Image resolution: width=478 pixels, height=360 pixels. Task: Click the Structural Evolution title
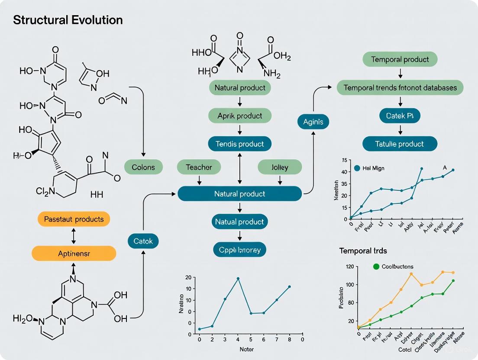click(x=68, y=20)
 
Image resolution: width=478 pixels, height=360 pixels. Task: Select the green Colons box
click(x=143, y=167)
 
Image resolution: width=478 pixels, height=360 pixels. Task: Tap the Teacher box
click(x=199, y=167)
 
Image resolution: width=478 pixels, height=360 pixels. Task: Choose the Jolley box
click(x=279, y=167)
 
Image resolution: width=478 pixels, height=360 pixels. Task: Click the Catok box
click(x=143, y=241)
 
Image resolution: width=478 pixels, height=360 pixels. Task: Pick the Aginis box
click(x=313, y=122)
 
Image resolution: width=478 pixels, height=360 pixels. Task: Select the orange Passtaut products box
click(x=74, y=219)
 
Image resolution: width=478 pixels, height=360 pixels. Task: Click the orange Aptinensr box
click(x=74, y=253)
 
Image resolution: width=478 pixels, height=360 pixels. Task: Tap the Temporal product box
click(x=400, y=60)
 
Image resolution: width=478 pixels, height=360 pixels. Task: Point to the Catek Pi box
click(x=400, y=116)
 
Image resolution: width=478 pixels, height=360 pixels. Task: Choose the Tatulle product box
click(x=400, y=144)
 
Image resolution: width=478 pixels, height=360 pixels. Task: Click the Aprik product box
click(x=240, y=116)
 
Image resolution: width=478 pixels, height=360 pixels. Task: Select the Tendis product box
click(x=240, y=144)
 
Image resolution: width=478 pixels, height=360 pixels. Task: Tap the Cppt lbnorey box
click(x=240, y=250)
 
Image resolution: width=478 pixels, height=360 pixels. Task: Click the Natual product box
click(x=240, y=222)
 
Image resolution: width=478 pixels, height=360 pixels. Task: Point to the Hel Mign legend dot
click(x=357, y=168)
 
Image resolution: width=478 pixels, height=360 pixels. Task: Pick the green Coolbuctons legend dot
click(x=376, y=267)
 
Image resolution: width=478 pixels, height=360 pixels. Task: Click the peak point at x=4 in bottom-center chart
click(x=238, y=278)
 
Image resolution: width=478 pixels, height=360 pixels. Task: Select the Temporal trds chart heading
click(x=363, y=251)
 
